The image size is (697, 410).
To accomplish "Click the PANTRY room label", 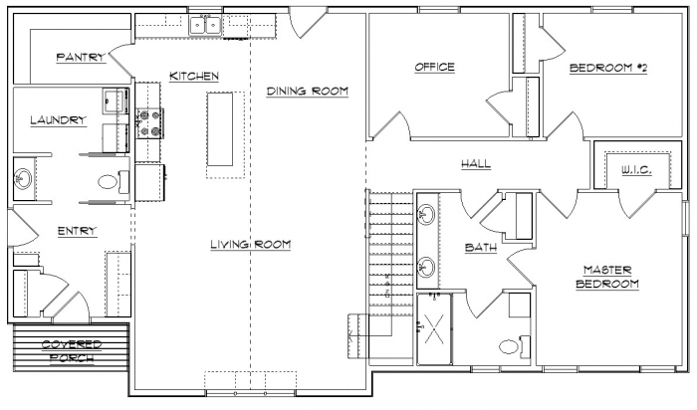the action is pyautogui.click(x=81, y=57).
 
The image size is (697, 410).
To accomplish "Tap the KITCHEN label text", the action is pyautogui.click(x=194, y=76).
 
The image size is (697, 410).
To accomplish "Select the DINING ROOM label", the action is pyautogui.click(x=307, y=92).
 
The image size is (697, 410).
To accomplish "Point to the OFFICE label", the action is pyautogui.click(x=435, y=67).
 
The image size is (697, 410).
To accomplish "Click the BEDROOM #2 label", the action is pyautogui.click(x=608, y=68).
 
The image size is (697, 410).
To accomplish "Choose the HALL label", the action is pyautogui.click(x=476, y=164).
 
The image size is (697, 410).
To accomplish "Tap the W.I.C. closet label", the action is pyautogui.click(x=636, y=170).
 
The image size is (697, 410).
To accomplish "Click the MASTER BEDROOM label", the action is pyautogui.click(x=607, y=277).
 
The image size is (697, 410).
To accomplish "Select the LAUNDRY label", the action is pyautogui.click(x=58, y=120).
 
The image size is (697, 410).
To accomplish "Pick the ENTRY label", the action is pyautogui.click(x=78, y=231).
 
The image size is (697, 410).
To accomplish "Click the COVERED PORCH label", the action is pyautogui.click(x=72, y=351).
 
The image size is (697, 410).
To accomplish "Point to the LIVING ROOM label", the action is pyautogui.click(x=251, y=245).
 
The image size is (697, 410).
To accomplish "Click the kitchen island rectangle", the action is pyautogui.click(x=220, y=129).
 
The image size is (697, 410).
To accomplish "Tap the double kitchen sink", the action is pyautogui.click(x=205, y=25).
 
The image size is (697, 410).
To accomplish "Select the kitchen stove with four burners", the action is pyautogui.click(x=149, y=123).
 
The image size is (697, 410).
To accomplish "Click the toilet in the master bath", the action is pyautogui.click(x=514, y=346).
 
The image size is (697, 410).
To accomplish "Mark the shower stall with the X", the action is pyautogui.click(x=434, y=328).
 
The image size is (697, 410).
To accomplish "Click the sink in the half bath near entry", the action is pyautogui.click(x=22, y=179).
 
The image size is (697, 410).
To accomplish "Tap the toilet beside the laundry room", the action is pyautogui.click(x=113, y=182).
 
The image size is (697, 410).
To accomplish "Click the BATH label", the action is pyautogui.click(x=481, y=248).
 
